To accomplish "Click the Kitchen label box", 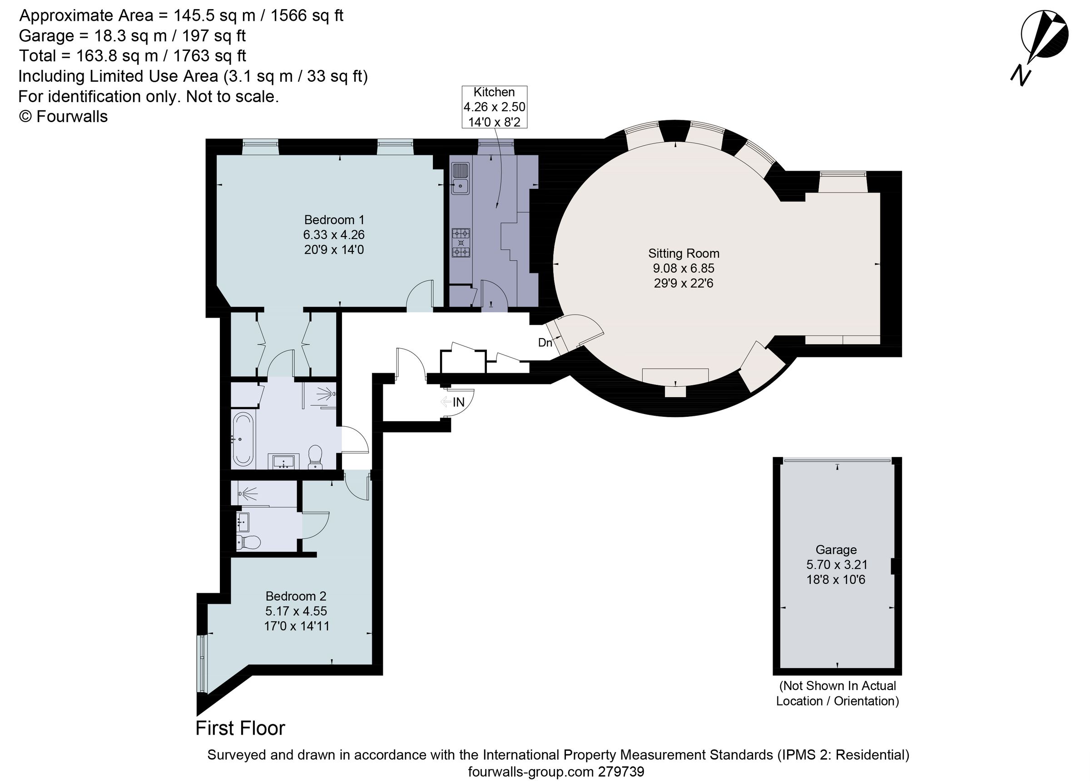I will click(494, 107).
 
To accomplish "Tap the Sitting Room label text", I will click(684, 254).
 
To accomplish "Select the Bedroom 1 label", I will click(334, 220).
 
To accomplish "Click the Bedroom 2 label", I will click(296, 596).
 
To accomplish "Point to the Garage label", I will click(836, 550).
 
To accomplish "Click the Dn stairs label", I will click(545, 343).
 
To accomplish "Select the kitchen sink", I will click(460, 178).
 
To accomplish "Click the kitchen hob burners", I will click(461, 242).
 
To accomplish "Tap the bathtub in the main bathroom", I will click(243, 439).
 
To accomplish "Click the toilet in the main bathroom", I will click(315, 457).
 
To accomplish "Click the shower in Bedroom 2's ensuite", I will click(250, 493).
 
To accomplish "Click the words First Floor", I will click(240, 728).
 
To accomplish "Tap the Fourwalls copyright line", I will click(63, 117).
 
